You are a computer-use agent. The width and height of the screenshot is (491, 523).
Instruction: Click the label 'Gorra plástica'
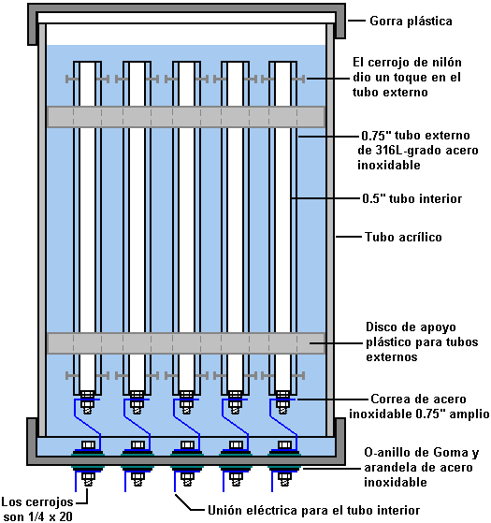[x=411, y=21]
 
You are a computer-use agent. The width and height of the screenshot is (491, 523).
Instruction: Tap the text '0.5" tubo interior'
[x=412, y=198]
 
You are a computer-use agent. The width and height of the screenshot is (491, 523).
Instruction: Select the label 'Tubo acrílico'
[x=403, y=237]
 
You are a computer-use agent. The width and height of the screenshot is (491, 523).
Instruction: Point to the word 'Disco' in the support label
[x=381, y=327]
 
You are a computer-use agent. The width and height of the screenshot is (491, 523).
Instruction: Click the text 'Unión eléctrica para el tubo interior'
[x=313, y=510]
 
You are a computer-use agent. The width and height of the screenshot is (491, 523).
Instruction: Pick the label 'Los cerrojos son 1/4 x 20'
[x=37, y=509]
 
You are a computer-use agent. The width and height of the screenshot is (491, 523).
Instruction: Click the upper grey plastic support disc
[x=186, y=117]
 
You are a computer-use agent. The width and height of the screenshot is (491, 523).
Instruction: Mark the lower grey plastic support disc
[x=186, y=343]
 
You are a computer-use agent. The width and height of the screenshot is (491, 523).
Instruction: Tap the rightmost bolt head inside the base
[x=284, y=444]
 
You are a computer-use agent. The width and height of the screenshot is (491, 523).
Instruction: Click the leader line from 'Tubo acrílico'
[x=349, y=237]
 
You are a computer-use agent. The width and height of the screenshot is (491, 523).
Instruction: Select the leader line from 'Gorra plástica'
[x=357, y=21]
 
